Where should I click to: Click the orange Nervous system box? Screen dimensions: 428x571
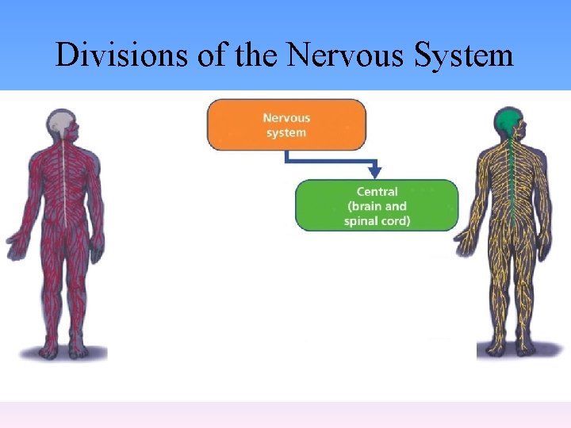[x=286, y=124]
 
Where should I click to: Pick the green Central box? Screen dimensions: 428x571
[x=377, y=205]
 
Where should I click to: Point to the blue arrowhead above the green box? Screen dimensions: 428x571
[x=375, y=171]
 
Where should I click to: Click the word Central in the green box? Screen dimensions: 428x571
[x=377, y=191]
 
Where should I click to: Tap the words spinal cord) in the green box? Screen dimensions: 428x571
[x=377, y=220]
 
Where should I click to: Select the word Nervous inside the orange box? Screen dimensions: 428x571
[x=286, y=117]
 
